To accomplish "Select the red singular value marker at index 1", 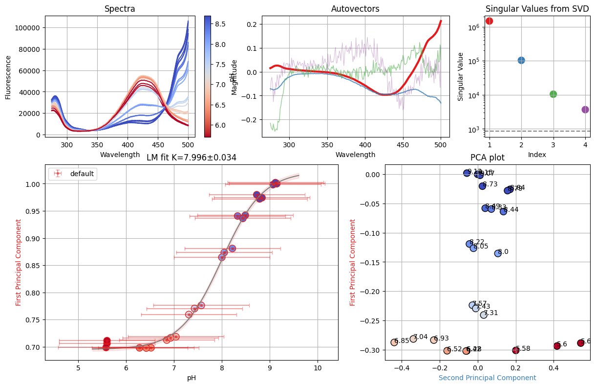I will [489, 21].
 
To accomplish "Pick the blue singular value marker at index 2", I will [521, 60].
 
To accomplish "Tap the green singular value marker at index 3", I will [553, 94].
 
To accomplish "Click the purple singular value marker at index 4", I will [585, 110].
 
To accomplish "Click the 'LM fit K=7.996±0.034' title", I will [192, 158].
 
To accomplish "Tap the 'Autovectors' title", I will [355, 9].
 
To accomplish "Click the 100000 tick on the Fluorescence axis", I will [27, 28].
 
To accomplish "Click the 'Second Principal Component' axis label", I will [487, 378].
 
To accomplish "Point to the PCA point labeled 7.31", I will [484, 315].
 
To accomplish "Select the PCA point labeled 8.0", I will [498, 253].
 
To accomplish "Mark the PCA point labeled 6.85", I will [394, 342].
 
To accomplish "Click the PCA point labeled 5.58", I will [515, 350].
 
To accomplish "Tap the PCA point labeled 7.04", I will [413, 339].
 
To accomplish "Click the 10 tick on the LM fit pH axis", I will [318, 368].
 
